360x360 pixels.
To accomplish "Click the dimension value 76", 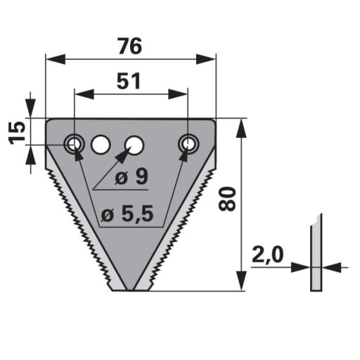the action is [x=130, y=46].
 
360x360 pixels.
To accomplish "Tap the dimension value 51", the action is [x=129, y=81].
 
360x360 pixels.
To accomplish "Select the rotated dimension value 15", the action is [x=17, y=133].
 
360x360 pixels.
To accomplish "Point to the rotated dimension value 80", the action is [x=226, y=198].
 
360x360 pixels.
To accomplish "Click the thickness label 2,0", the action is [x=268, y=255].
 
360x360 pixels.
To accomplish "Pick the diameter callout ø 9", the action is [x=131, y=177].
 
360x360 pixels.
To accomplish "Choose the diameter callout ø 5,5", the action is [x=127, y=214].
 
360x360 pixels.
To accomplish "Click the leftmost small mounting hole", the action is [x=75, y=143].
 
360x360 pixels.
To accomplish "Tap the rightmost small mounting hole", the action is [x=188, y=143].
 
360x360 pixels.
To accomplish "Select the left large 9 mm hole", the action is [x=101, y=144].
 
